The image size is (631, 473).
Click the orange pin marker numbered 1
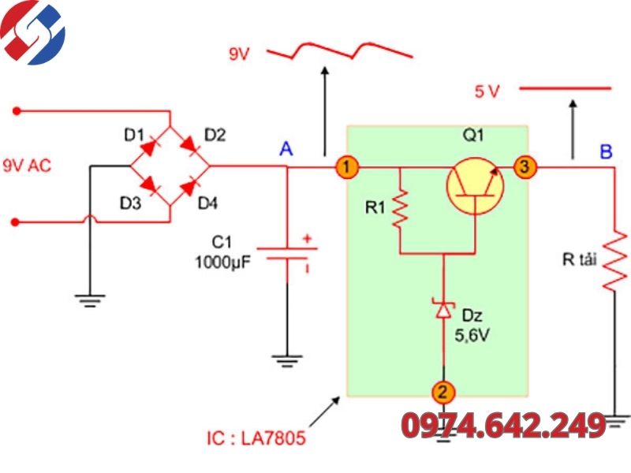point(347,166)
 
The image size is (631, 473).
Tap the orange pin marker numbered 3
point(525,166)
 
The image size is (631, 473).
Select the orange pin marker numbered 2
point(443,392)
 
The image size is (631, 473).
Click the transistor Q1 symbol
point(476,186)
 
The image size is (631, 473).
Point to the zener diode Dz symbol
point(443,309)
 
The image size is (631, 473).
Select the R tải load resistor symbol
point(614,259)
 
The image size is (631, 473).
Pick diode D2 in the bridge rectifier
point(190,147)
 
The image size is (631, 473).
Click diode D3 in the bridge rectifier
point(149,185)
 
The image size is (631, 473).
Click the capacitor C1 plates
point(287,253)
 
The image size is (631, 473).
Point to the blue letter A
point(286,149)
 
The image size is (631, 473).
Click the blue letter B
point(606,151)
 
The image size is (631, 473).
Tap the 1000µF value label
point(222,263)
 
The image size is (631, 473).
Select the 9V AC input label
point(27,166)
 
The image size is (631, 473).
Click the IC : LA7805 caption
point(256,438)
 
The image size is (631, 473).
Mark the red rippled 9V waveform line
point(340,50)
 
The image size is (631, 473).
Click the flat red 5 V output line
point(565,88)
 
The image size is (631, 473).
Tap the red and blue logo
point(32,32)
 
